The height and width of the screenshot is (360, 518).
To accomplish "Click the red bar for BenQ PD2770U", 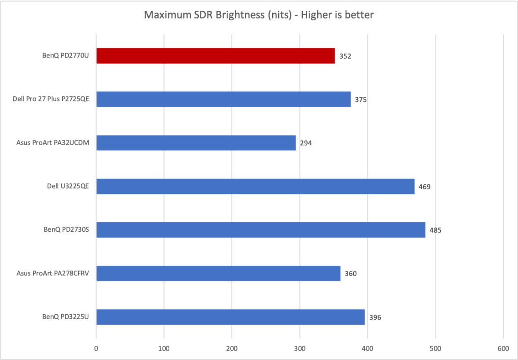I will (215, 56).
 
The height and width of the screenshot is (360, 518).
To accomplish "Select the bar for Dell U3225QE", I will (255, 186).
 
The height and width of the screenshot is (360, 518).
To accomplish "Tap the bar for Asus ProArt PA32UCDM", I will (196, 143).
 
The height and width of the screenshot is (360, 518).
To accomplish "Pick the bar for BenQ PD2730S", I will (261, 230).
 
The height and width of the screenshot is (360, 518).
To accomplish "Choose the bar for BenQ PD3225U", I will (230, 317).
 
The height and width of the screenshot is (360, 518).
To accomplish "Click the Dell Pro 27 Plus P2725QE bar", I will (223, 99).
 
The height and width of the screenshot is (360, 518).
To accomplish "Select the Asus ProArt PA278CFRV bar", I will (218, 274).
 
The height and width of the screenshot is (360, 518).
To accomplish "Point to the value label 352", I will (345, 56).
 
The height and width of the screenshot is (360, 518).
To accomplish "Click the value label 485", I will (435, 230).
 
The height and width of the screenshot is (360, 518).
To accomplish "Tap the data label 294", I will (305, 143).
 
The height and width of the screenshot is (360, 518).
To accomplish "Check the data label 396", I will (375, 317).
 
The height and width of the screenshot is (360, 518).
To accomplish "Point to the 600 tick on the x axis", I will (503, 348).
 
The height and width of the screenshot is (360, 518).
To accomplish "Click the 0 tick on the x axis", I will (96, 348).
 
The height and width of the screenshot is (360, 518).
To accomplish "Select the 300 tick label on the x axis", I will (299, 348).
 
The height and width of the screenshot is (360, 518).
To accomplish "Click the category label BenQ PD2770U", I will (63, 56).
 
